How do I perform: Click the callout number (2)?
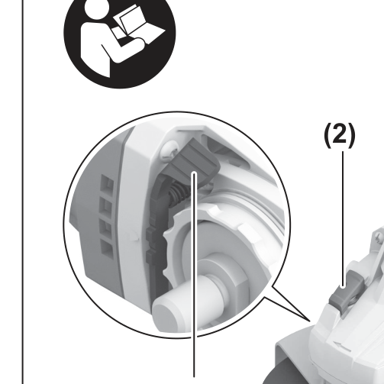pyautogui.click(x=340, y=135)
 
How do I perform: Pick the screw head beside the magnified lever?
pyautogui.click(x=168, y=151)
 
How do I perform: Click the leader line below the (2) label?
pyautogui.click(x=343, y=219)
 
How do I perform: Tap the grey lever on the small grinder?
pyautogui.click(x=346, y=292)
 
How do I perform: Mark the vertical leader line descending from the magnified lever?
pyautogui.click(x=194, y=275)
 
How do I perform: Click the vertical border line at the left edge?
pyautogui.click(x=23, y=192)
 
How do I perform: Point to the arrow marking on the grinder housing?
pyautogui.click(x=342, y=347)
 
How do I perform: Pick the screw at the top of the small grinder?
pyautogui.click(x=379, y=237)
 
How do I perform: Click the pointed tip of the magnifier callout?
pyautogui.click(x=311, y=321)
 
